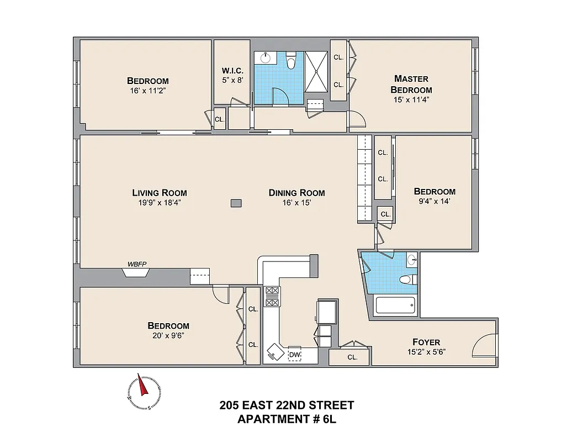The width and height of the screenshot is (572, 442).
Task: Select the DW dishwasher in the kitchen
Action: point(294,355)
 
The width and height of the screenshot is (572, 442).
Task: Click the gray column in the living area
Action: point(236,203)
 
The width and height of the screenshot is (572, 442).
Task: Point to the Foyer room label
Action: point(426,341)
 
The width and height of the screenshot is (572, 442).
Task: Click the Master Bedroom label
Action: point(411,84)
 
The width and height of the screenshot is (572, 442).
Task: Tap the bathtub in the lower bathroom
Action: point(394,306)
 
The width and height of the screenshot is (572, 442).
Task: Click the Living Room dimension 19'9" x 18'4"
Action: point(159,202)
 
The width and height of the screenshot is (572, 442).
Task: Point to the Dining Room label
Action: point(296,193)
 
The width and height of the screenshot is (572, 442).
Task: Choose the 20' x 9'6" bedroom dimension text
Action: point(168,335)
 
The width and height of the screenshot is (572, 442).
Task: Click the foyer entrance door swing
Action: point(484,348)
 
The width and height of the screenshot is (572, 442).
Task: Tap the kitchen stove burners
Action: point(272,296)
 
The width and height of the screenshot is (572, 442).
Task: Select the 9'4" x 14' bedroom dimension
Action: point(435,201)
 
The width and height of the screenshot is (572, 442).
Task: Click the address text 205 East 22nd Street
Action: point(287,406)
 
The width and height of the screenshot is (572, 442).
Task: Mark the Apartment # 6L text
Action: point(287,419)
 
